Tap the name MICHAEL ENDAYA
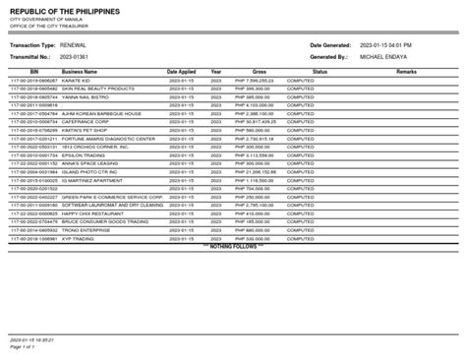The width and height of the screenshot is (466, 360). (387, 56)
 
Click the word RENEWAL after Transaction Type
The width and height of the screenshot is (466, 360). (80, 45)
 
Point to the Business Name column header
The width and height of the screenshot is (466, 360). (80, 72)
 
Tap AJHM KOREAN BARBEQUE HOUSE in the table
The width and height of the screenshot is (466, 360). (103, 113)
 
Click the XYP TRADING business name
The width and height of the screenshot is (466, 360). (78, 237)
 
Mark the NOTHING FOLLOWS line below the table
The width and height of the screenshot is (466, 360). (235, 245)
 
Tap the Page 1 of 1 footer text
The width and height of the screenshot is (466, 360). (29, 346)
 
